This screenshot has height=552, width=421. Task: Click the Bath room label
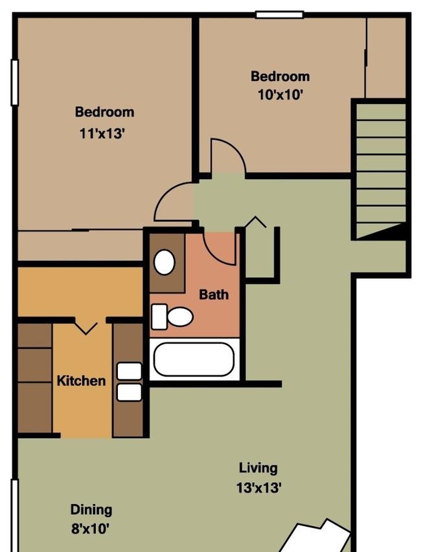click(214, 294)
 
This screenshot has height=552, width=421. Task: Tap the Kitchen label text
click(81, 381)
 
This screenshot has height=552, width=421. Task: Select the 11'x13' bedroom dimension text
click(102, 133)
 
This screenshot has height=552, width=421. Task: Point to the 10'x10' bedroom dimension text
click(280, 94)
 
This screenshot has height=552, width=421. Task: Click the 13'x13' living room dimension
click(259, 488)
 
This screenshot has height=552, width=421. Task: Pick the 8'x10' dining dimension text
click(90, 529)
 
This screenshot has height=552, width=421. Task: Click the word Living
click(258, 469)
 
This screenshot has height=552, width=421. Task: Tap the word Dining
click(91, 510)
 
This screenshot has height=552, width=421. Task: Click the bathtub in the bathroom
click(194, 359)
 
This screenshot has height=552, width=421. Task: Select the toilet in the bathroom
click(172, 316)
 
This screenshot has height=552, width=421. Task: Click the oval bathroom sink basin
click(164, 262)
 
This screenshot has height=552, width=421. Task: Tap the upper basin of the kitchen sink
click(130, 371)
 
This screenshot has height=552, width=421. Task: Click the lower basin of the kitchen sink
click(130, 392)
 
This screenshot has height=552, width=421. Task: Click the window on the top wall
click(279, 15)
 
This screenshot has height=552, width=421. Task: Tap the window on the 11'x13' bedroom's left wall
click(15, 82)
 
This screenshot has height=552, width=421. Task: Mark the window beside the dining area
click(14, 515)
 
